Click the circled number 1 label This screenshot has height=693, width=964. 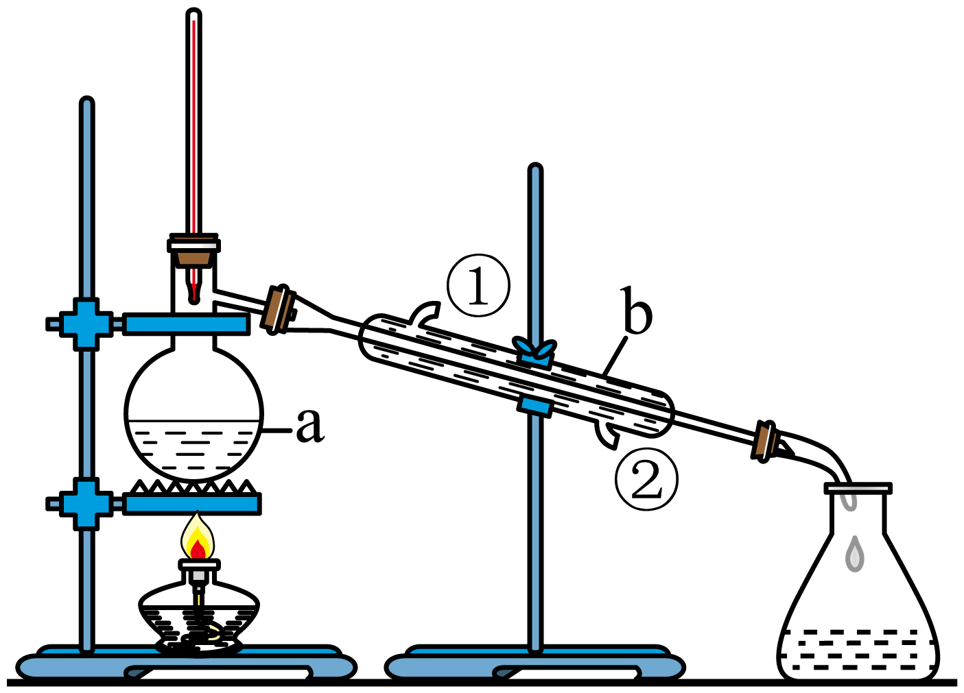[478, 286]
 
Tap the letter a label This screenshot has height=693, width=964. [309, 425]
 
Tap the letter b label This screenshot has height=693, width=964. [637, 313]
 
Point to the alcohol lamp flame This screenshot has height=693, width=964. [198, 539]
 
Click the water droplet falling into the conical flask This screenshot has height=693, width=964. [854, 554]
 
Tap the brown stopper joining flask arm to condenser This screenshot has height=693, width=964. [279, 309]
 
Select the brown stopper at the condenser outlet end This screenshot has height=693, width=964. [766, 441]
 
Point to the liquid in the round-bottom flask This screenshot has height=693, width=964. [193, 446]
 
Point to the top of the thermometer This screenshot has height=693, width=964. [194, 15]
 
